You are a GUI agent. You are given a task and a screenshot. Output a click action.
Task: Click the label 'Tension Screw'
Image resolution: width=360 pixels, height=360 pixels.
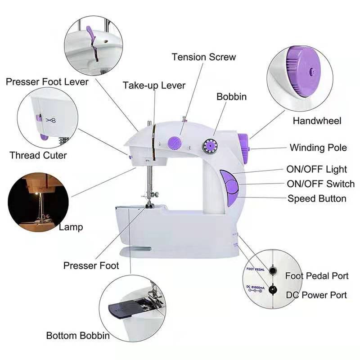204,57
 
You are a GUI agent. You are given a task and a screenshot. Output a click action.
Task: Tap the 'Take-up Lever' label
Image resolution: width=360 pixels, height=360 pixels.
154,85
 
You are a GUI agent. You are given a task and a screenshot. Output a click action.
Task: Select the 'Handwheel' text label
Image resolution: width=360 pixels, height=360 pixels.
317,121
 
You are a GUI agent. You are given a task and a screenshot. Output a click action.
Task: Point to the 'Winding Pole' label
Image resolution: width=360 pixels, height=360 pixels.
318,148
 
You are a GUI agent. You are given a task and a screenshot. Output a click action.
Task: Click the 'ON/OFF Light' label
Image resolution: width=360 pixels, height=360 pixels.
316,169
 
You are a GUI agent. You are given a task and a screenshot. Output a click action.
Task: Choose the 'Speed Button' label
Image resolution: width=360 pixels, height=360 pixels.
317,198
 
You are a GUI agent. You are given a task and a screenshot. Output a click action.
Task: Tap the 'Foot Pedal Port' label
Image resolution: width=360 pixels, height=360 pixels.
317,276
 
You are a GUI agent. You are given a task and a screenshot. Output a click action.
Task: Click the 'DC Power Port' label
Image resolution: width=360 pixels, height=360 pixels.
316,295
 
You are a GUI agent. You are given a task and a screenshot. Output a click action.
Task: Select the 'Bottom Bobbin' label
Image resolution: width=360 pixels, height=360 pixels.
78,336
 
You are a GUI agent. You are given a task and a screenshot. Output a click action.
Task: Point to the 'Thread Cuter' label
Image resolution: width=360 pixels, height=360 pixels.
38,155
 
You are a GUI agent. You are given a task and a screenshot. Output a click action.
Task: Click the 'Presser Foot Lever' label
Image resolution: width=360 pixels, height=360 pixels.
47,82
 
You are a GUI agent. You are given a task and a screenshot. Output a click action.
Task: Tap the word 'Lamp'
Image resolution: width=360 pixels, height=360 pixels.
71,227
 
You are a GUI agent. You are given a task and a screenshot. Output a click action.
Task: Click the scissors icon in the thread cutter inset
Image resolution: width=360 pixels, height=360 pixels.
50,120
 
